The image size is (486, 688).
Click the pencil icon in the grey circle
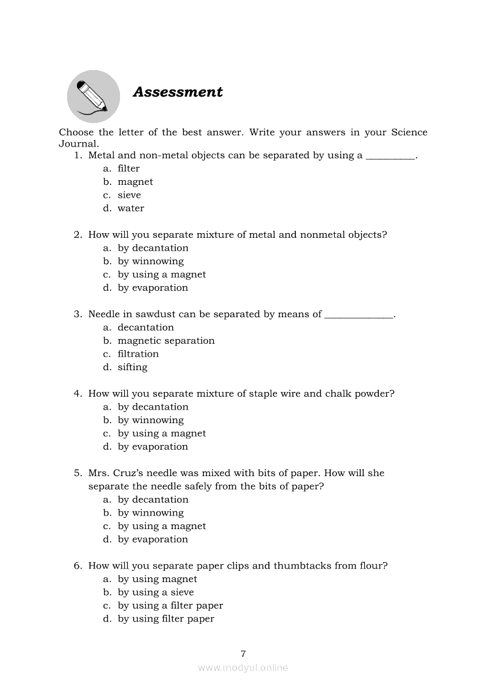tap(93, 96)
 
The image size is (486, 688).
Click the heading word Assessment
tap(178, 92)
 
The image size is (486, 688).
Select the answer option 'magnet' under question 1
tap(135, 182)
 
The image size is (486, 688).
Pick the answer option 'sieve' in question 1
tap(129, 195)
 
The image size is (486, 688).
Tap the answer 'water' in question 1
tap(131, 208)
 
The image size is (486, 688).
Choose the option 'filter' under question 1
tap(128, 168)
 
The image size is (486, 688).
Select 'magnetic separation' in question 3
tap(166, 341)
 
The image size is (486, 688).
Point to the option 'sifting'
tap(132, 367)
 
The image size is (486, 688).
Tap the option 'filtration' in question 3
tap(138, 354)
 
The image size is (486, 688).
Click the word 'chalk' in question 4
tap(338, 394)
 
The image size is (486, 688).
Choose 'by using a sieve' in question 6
tap(155, 592)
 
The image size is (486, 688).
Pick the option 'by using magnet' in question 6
tap(157, 579)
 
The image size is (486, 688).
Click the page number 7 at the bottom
tap(243, 653)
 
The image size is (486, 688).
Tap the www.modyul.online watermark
tap(243, 668)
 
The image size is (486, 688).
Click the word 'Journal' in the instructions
tap(78, 144)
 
